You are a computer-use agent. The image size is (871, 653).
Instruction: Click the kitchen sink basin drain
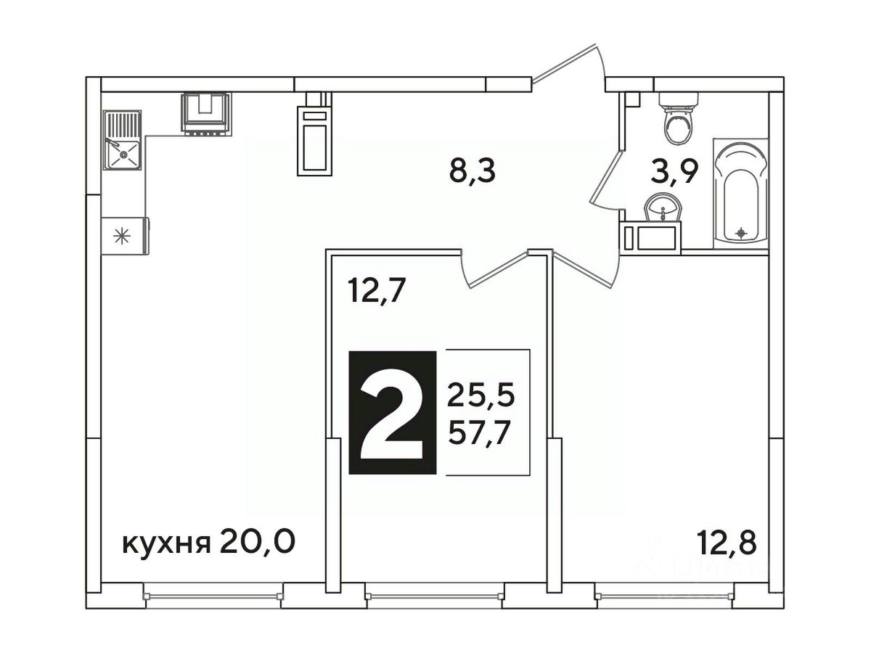point(123,155)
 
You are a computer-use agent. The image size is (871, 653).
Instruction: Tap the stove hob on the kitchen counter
point(206,113)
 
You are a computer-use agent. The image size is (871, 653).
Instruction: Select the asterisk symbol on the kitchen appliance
point(122,236)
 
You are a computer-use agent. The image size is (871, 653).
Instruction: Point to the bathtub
point(741,193)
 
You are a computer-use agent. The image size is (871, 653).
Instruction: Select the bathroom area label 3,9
point(674,171)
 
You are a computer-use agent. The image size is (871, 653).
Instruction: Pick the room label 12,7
point(376,290)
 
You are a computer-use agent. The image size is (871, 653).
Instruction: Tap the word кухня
point(166,545)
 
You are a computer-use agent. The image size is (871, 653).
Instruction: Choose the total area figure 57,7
point(478,434)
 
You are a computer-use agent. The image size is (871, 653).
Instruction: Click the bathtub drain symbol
point(740,232)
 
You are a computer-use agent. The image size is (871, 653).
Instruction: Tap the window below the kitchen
point(213,595)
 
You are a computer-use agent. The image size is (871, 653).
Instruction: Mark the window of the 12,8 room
point(665,595)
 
